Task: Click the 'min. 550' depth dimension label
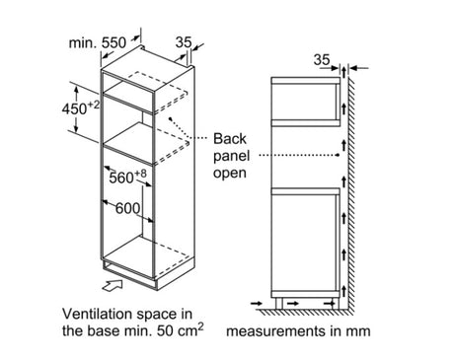click(x=98, y=42)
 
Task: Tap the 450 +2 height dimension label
click(x=80, y=108)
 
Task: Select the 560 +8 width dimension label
click(x=127, y=177)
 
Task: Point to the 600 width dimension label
click(x=127, y=208)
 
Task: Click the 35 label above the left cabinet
click(x=184, y=42)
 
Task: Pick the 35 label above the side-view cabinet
click(x=322, y=60)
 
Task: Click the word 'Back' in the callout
click(x=230, y=138)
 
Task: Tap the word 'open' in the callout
click(x=230, y=173)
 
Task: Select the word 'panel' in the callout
click(x=232, y=156)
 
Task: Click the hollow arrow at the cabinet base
click(x=113, y=285)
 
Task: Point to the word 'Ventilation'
click(x=98, y=314)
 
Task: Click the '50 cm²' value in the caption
click(x=180, y=329)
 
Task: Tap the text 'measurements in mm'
click(x=298, y=331)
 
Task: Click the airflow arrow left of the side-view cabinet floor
click(x=257, y=303)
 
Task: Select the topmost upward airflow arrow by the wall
click(x=343, y=72)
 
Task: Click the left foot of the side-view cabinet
click(x=278, y=303)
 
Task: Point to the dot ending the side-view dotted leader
click(x=338, y=155)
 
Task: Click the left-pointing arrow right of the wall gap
click(x=358, y=68)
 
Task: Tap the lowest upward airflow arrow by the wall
click(x=343, y=291)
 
